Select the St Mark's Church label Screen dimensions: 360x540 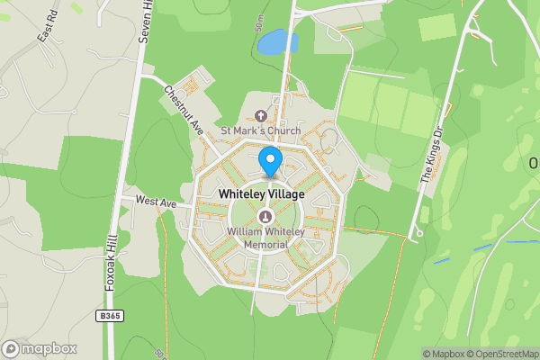[260, 130]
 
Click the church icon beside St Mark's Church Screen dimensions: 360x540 [261, 116]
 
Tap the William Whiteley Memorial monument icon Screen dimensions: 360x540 [265, 217]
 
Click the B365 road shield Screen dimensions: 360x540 [110, 316]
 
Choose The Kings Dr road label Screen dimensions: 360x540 [434, 157]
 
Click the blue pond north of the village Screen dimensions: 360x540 [276, 42]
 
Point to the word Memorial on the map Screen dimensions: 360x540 [266, 244]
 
